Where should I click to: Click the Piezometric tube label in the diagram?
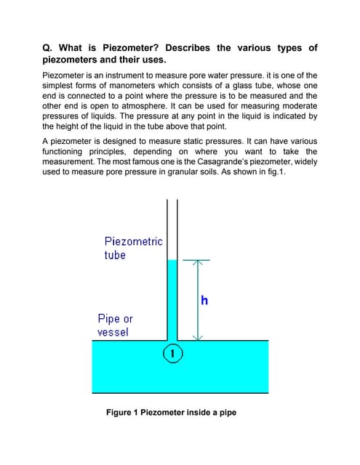coord(133,248)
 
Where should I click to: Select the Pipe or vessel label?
coord(115,325)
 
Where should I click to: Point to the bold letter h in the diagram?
coord(204,301)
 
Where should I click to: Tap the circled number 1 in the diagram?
coord(172,354)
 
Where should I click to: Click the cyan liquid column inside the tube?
coord(172,298)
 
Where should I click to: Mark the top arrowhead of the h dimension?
coord(196,262)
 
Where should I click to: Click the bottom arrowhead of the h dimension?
coord(196,337)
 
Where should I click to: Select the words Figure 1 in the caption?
coord(126,413)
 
